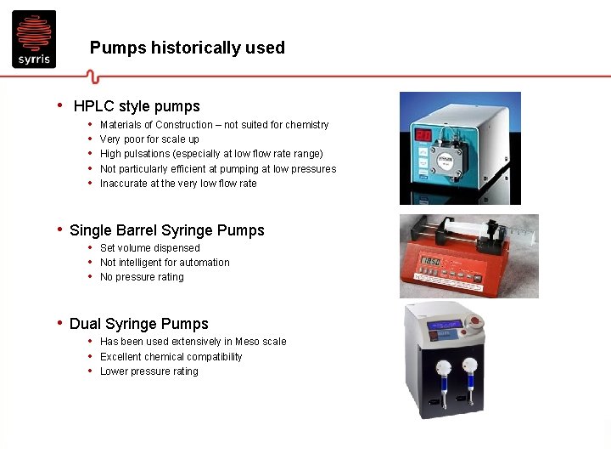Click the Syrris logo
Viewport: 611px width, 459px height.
[34, 39]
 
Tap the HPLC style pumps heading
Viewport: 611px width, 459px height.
[137, 106]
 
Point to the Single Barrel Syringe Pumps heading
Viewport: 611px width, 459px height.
[167, 230]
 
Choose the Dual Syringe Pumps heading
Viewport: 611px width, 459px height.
[139, 324]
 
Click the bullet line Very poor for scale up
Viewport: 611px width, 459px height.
[149, 139]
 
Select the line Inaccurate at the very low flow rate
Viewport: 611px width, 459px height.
[178, 184]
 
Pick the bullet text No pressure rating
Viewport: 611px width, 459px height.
[142, 277]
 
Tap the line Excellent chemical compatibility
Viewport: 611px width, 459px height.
[171, 357]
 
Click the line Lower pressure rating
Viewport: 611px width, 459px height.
[149, 371]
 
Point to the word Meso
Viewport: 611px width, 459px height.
[249, 342]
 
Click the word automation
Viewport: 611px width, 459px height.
[201, 263]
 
